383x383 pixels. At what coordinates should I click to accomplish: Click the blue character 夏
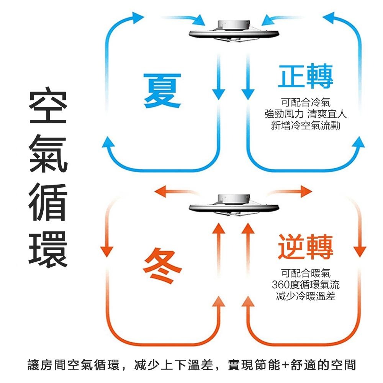[x=162, y=91]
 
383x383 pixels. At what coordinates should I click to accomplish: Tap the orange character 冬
[x=163, y=265]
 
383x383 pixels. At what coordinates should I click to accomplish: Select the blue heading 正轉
[x=305, y=77]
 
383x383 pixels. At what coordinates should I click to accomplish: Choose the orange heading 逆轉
[x=305, y=247]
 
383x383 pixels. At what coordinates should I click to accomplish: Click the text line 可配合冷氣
[x=305, y=103]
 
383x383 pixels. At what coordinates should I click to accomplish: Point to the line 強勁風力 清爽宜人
[x=305, y=114]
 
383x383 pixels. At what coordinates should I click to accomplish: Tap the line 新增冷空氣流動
[x=305, y=125]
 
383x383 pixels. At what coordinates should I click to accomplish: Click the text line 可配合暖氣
[x=305, y=273]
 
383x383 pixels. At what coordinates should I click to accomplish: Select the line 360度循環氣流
[x=305, y=285]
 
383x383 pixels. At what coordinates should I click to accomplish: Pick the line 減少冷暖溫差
[x=305, y=296]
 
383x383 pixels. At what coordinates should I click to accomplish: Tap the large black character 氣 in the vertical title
[x=48, y=157]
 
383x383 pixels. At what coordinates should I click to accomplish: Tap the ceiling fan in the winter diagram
[x=233, y=205]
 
